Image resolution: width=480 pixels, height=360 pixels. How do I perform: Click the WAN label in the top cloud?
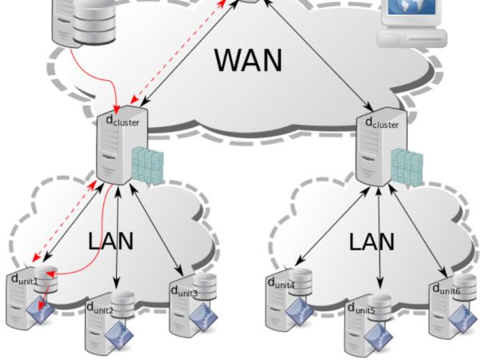[248, 60]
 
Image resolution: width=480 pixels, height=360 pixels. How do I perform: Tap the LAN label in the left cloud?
[110, 240]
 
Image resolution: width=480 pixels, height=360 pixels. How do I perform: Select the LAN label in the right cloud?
[372, 241]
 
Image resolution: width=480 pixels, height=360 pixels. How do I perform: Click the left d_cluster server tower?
[112, 154]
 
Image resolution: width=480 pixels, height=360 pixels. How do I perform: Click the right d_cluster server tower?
[373, 154]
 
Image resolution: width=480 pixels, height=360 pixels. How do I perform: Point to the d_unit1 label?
[25, 279]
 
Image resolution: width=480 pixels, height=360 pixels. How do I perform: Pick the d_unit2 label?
[100, 308]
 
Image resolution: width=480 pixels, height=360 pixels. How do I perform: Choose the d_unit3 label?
[184, 290]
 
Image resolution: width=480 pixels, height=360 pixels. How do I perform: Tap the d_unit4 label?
[281, 283]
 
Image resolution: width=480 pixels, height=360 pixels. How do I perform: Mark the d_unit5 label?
[362, 308]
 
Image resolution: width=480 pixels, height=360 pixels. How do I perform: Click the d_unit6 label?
[446, 289]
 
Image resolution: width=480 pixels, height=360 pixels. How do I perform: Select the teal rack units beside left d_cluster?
[146, 163]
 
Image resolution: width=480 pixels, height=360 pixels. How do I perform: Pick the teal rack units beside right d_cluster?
[406, 164]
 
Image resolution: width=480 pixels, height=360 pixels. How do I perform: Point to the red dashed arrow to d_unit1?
[64, 224]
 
